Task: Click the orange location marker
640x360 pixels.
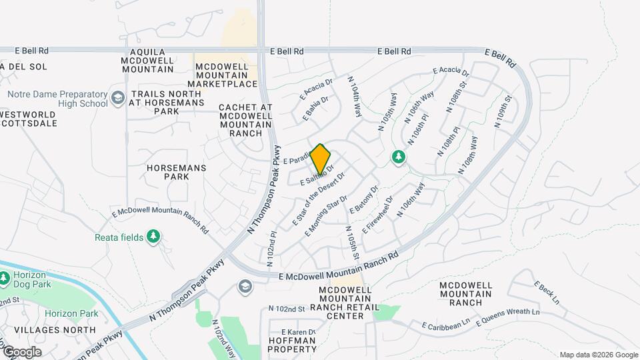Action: (321, 159)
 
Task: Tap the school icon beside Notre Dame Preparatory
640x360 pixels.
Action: (118, 99)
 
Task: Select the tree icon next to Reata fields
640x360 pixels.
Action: (154, 236)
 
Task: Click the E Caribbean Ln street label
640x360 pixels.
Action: (446, 325)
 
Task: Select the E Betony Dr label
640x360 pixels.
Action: (364, 199)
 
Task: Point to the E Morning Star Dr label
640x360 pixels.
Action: (326, 215)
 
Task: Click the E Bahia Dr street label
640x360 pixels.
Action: (315, 108)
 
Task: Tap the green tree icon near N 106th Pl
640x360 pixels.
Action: (399, 157)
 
